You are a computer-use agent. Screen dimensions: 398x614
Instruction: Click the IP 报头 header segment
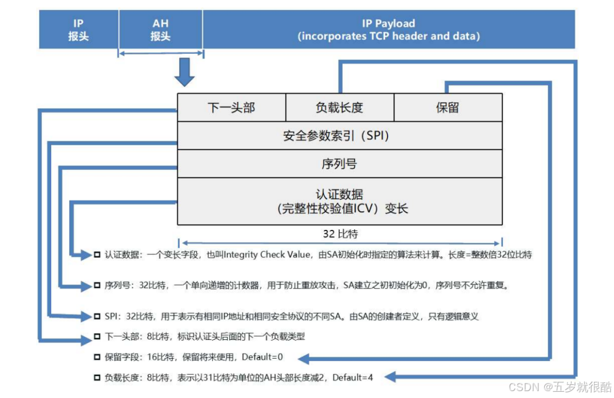79,29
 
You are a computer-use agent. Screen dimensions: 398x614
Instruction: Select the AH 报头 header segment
160,29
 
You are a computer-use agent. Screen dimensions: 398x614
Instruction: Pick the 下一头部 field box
231,107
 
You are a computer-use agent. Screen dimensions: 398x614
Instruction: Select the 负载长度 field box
339,107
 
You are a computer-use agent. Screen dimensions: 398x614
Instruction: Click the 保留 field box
448,107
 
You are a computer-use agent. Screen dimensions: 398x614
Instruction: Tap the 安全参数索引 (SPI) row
339,136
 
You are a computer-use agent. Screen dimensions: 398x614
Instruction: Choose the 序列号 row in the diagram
339,164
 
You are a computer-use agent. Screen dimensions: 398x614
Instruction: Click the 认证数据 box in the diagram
339,201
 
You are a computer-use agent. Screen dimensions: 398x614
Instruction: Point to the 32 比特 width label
339,235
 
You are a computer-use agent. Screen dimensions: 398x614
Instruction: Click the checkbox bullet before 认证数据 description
97,255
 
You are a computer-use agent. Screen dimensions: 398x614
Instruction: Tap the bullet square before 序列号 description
97,286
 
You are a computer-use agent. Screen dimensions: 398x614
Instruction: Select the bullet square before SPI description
97,316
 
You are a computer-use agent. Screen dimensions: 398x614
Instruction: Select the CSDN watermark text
560,387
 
